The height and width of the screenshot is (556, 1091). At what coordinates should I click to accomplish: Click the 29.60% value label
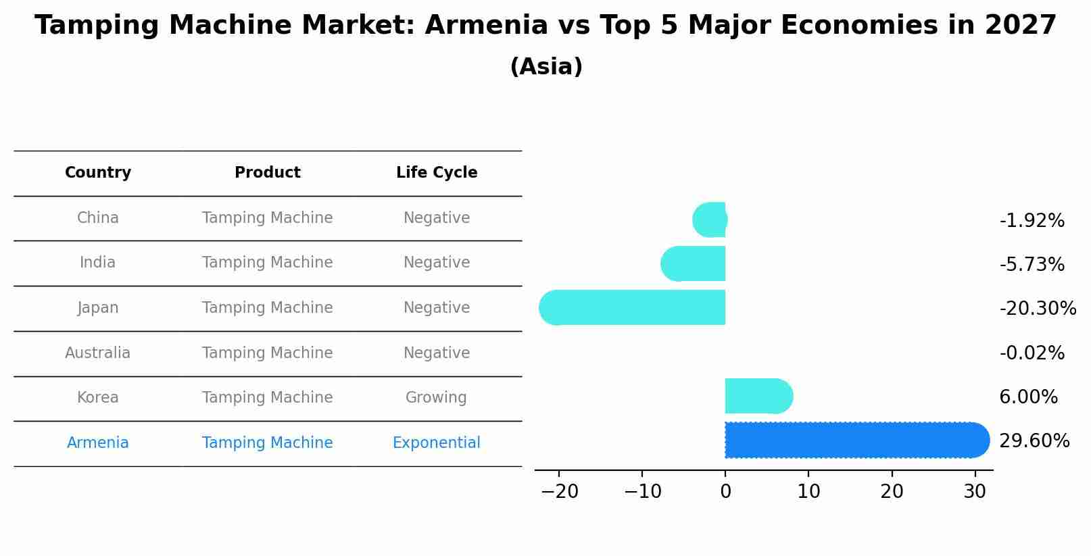coord(1034,441)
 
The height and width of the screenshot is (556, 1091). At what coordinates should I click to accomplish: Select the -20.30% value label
coord(1038,309)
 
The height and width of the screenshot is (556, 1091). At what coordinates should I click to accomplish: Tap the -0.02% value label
coord(1032,353)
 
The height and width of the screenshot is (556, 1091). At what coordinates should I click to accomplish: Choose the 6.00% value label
coord(1028,397)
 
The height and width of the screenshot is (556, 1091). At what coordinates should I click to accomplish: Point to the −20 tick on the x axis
coord(560,492)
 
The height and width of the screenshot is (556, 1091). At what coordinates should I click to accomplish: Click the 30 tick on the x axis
coord(975,492)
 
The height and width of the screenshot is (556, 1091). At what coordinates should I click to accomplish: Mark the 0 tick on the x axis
coord(725,492)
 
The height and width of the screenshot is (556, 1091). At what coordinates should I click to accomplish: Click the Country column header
coord(98,173)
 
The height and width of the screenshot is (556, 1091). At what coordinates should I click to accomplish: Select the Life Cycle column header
coord(437,173)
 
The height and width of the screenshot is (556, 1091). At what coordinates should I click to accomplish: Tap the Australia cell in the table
coord(98,353)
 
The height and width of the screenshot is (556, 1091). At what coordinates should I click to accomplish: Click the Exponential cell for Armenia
coord(437,443)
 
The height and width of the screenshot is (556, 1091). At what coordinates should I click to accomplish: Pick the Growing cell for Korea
coord(437,397)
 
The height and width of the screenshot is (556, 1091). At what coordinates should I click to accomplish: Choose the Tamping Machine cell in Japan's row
coord(268,308)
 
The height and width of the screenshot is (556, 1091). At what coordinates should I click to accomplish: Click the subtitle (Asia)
coord(546,67)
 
